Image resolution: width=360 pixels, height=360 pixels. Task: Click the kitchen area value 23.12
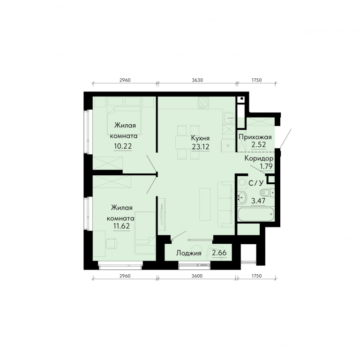coord(201,147)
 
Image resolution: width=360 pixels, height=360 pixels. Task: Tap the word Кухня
coord(200,138)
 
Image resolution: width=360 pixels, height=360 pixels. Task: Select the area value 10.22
coord(123,146)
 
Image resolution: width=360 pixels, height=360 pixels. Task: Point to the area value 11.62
coord(121,226)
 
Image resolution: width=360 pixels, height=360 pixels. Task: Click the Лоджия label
coord(189,253)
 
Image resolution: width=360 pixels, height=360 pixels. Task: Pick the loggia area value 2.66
coord(219,253)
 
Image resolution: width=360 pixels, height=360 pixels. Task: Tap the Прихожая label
coord(255,137)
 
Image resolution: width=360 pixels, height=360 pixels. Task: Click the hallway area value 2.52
coord(259,145)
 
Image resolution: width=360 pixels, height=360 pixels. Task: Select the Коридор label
coord(259,158)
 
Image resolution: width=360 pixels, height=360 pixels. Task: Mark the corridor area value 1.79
coord(266,166)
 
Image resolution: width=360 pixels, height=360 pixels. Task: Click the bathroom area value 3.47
coord(258,201)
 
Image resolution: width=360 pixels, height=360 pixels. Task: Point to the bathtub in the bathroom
coord(256,214)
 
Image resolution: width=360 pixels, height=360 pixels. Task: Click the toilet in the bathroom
coord(267,192)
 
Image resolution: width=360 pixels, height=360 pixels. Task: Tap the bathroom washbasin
coord(242,197)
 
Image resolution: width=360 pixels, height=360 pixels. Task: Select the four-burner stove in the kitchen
coord(203,102)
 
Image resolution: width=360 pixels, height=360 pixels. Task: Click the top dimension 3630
coord(197,80)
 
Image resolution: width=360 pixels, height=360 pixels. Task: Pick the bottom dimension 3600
coord(197,276)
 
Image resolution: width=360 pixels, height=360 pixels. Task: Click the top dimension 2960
coord(125,80)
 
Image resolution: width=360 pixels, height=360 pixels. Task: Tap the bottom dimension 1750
coord(256,276)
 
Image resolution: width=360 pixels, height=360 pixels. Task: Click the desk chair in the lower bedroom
coord(112,243)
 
